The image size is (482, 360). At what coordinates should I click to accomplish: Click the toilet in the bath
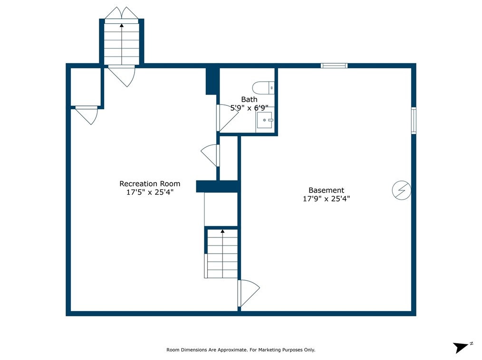tap(263, 88)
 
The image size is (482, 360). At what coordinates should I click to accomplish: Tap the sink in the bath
tap(265, 120)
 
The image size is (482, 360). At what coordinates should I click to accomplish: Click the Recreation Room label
tap(150, 184)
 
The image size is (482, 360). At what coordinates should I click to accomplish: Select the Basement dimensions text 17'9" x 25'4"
tap(326, 199)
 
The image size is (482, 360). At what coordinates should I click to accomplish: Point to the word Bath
tap(249, 100)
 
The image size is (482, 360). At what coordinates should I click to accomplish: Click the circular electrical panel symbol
tap(402, 190)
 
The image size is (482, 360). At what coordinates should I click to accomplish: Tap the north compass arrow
tap(461, 347)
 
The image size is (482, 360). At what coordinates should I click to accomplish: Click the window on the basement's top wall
tap(334, 66)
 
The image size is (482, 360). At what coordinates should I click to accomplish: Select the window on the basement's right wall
tap(414, 121)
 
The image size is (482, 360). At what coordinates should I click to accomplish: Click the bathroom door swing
tap(228, 118)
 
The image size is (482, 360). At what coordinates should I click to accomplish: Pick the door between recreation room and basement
tap(249, 293)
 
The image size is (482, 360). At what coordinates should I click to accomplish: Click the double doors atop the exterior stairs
tap(122, 13)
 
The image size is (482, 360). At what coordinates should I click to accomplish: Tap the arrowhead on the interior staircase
tap(222, 231)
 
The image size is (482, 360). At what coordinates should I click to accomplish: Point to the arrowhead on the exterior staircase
tap(122, 26)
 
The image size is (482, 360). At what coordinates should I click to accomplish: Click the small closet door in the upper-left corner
tap(87, 115)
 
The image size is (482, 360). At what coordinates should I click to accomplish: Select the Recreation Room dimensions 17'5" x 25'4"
tap(150, 192)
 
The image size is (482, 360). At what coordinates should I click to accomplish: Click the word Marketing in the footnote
tap(270, 350)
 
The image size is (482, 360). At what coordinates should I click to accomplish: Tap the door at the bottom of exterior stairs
tap(122, 76)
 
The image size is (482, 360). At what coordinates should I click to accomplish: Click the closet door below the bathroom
tap(210, 155)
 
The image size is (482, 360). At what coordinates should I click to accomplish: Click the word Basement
tap(326, 190)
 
